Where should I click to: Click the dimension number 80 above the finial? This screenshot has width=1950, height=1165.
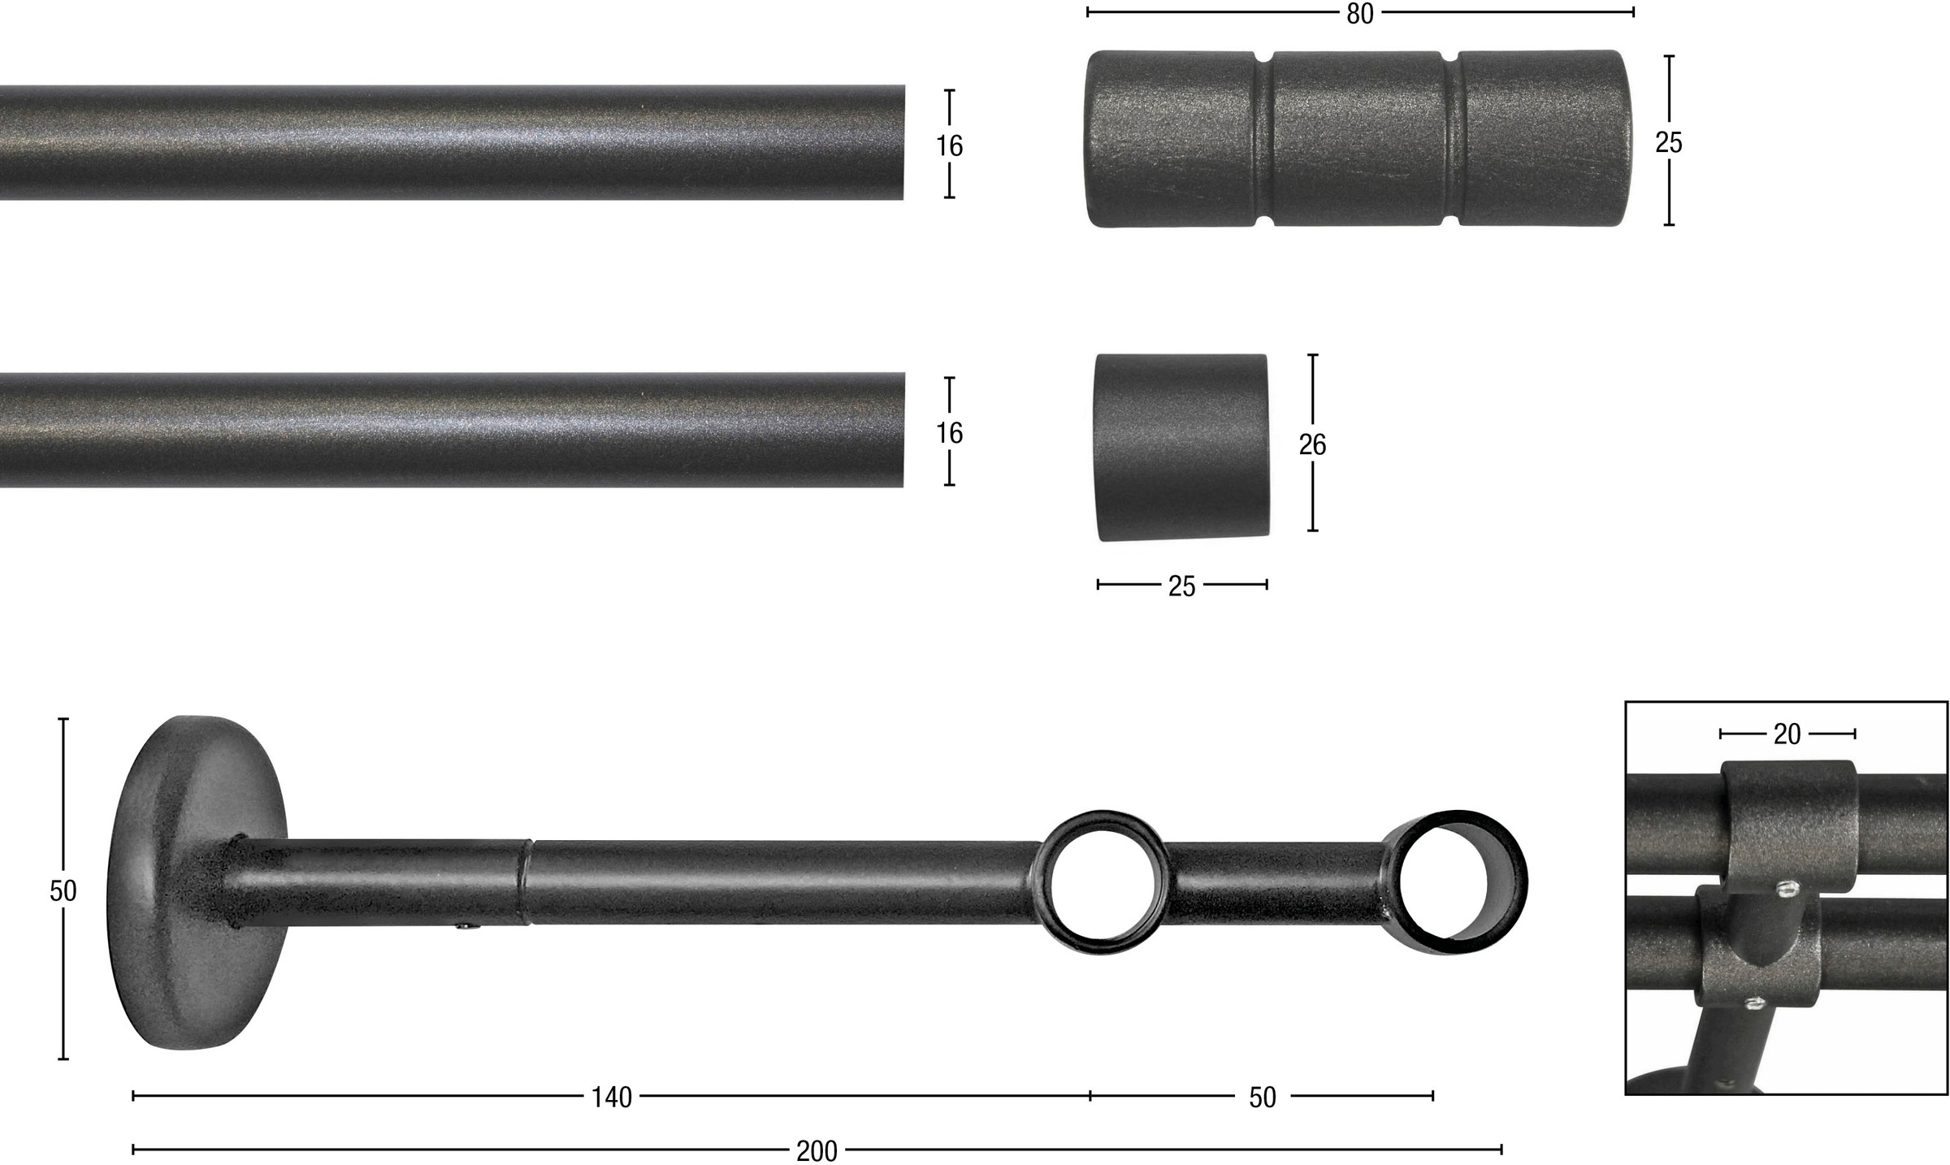coord(1359,14)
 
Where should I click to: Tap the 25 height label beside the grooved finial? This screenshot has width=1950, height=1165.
coord(1668,142)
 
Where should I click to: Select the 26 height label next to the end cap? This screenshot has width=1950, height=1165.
coord(1312,444)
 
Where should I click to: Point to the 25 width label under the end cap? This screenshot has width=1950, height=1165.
coord(1181,586)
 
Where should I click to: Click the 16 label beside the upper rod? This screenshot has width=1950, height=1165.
coord(949,145)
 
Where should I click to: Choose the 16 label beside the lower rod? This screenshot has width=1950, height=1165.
coord(949,432)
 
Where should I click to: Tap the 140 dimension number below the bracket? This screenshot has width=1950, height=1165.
coord(611,1098)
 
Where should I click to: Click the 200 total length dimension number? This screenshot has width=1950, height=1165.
coord(817,1151)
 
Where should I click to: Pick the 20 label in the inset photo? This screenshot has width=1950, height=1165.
coord(1787,734)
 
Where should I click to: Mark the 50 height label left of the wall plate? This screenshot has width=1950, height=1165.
coord(63,891)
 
